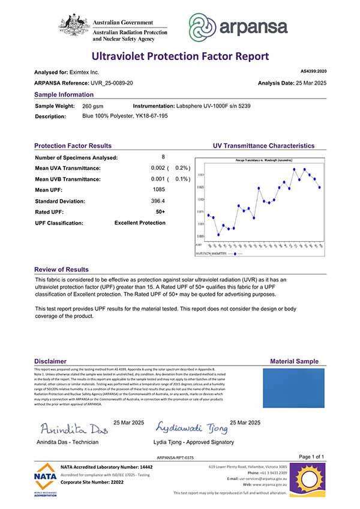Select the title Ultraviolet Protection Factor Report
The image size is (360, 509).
point(180,56)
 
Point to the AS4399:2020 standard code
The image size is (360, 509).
point(313,71)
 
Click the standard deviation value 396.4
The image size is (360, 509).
point(158,200)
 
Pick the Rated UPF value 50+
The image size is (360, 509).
point(160,212)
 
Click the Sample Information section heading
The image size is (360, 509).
point(64,95)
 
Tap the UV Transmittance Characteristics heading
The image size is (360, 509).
point(263,146)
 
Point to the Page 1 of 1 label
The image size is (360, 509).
point(311,457)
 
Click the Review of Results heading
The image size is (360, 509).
point(61,270)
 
